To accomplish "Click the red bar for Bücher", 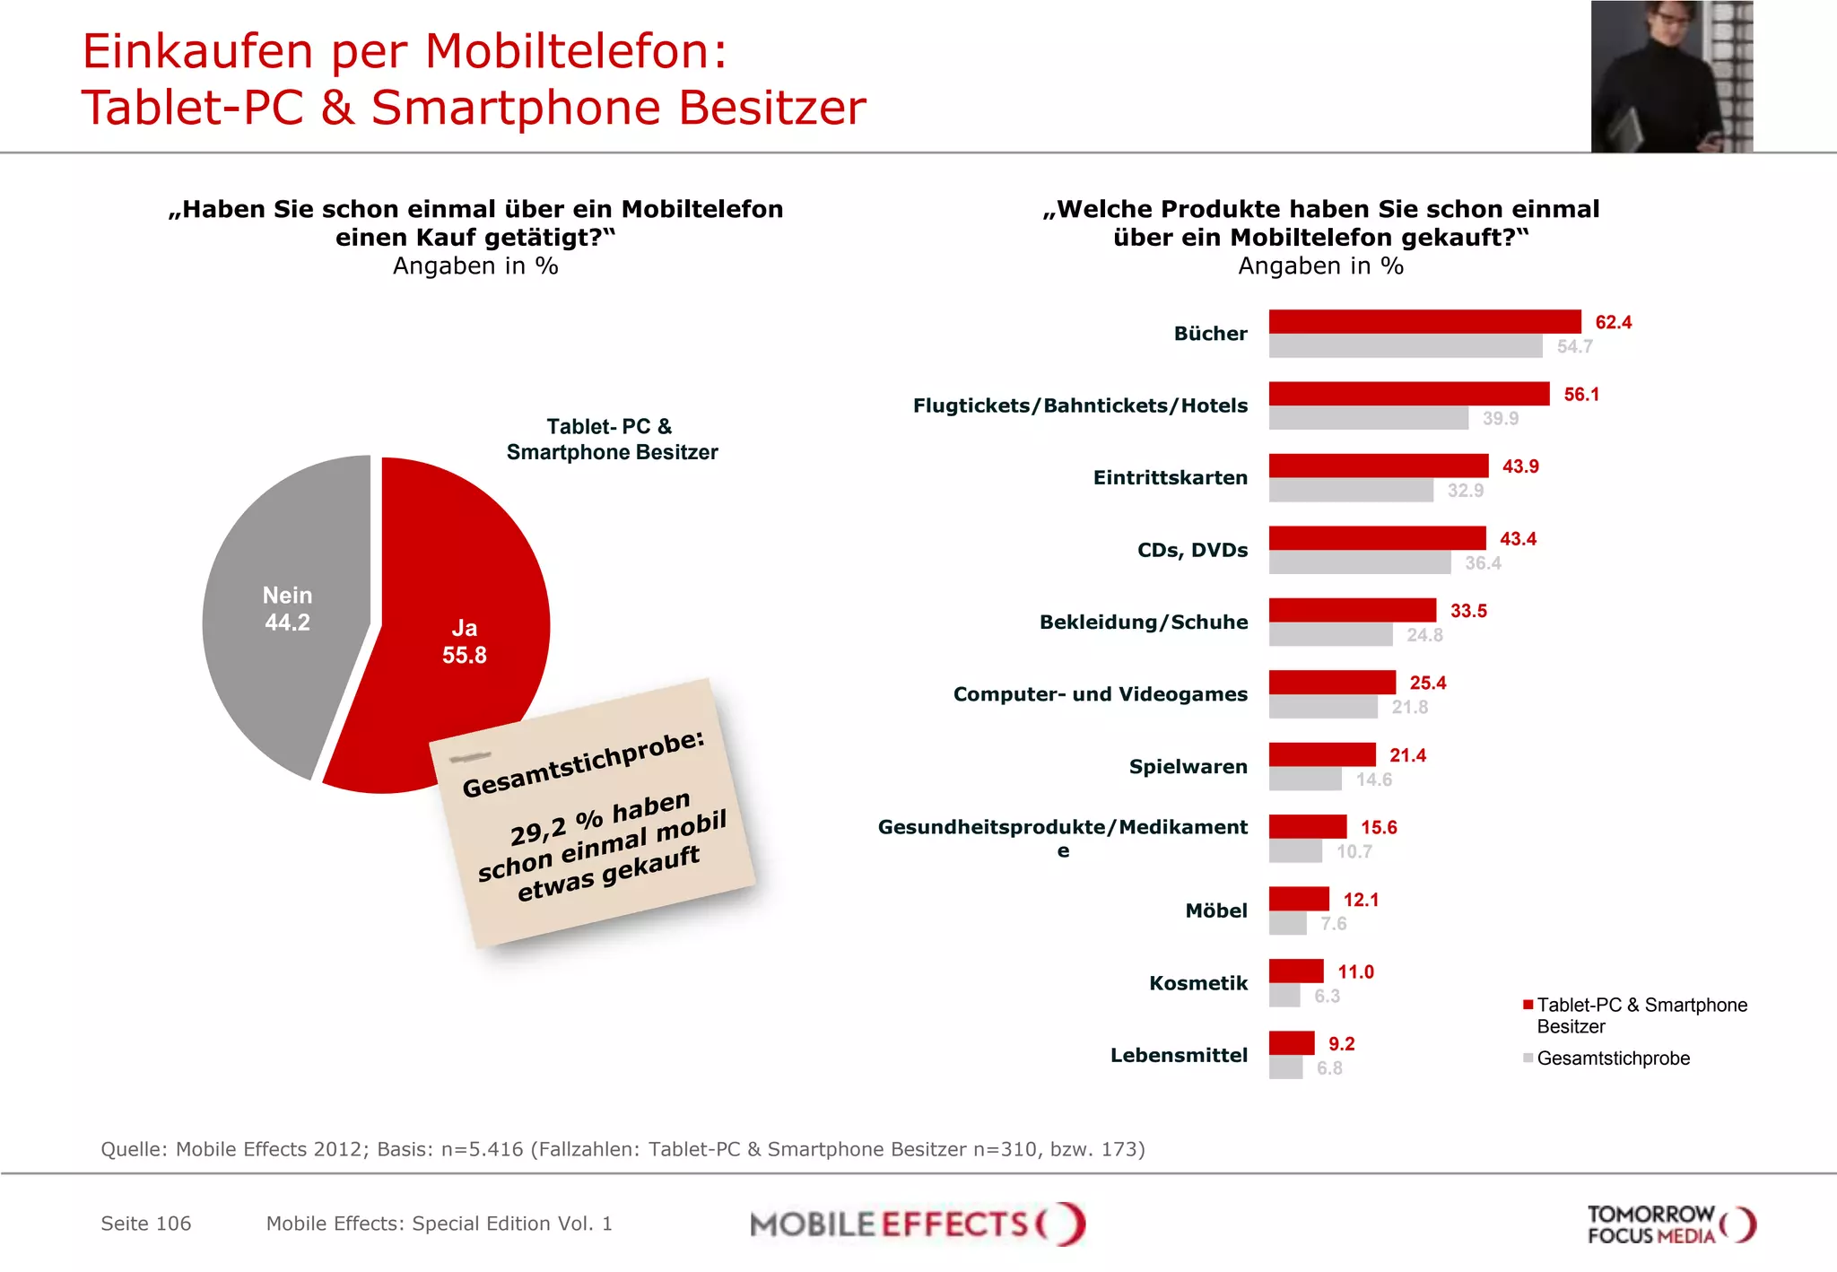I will click(x=1424, y=321).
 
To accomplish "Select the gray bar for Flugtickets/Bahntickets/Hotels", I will click(x=1368, y=418).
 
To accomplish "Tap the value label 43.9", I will click(x=1520, y=466).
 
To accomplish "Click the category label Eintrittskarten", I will click(x=1170, y=477).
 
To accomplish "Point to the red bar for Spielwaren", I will click(x=1322, y=754).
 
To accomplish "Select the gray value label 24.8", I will click(x=1424, y=635).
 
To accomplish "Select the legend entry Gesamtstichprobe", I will click(x=1612, y=1059).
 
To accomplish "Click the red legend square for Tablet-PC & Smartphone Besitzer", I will click(x=1528, y=1005).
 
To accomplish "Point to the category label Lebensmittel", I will click(x=1179, y=1055).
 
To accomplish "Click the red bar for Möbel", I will click(x=1299, y=898).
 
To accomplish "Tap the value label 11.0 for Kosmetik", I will click(x=1355, y=971).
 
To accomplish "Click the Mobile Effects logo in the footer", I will click(x=917, y=1224).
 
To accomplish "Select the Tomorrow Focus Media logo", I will click(x=1670, y=1224).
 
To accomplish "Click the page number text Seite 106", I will click(x=146, y=1224).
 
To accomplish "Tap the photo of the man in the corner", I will click(x=1671, y=76).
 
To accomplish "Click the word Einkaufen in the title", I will click(x=197, y=51).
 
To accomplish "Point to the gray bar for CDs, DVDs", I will click(x=1360, y=562).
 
